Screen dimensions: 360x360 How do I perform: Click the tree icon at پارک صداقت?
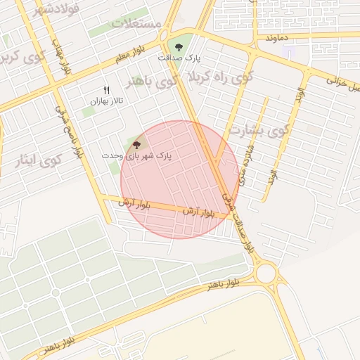click(x=179, y=48)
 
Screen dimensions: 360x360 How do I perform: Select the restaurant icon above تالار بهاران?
click(x=107, y=90)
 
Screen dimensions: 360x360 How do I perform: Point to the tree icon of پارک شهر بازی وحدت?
click(x=136, y=143)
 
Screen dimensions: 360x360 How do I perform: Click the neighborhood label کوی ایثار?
click(x=39, y=160)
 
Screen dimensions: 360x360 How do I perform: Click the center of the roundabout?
click(x=266, y=272)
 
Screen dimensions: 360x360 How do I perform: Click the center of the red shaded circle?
click(x=179, y=179)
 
